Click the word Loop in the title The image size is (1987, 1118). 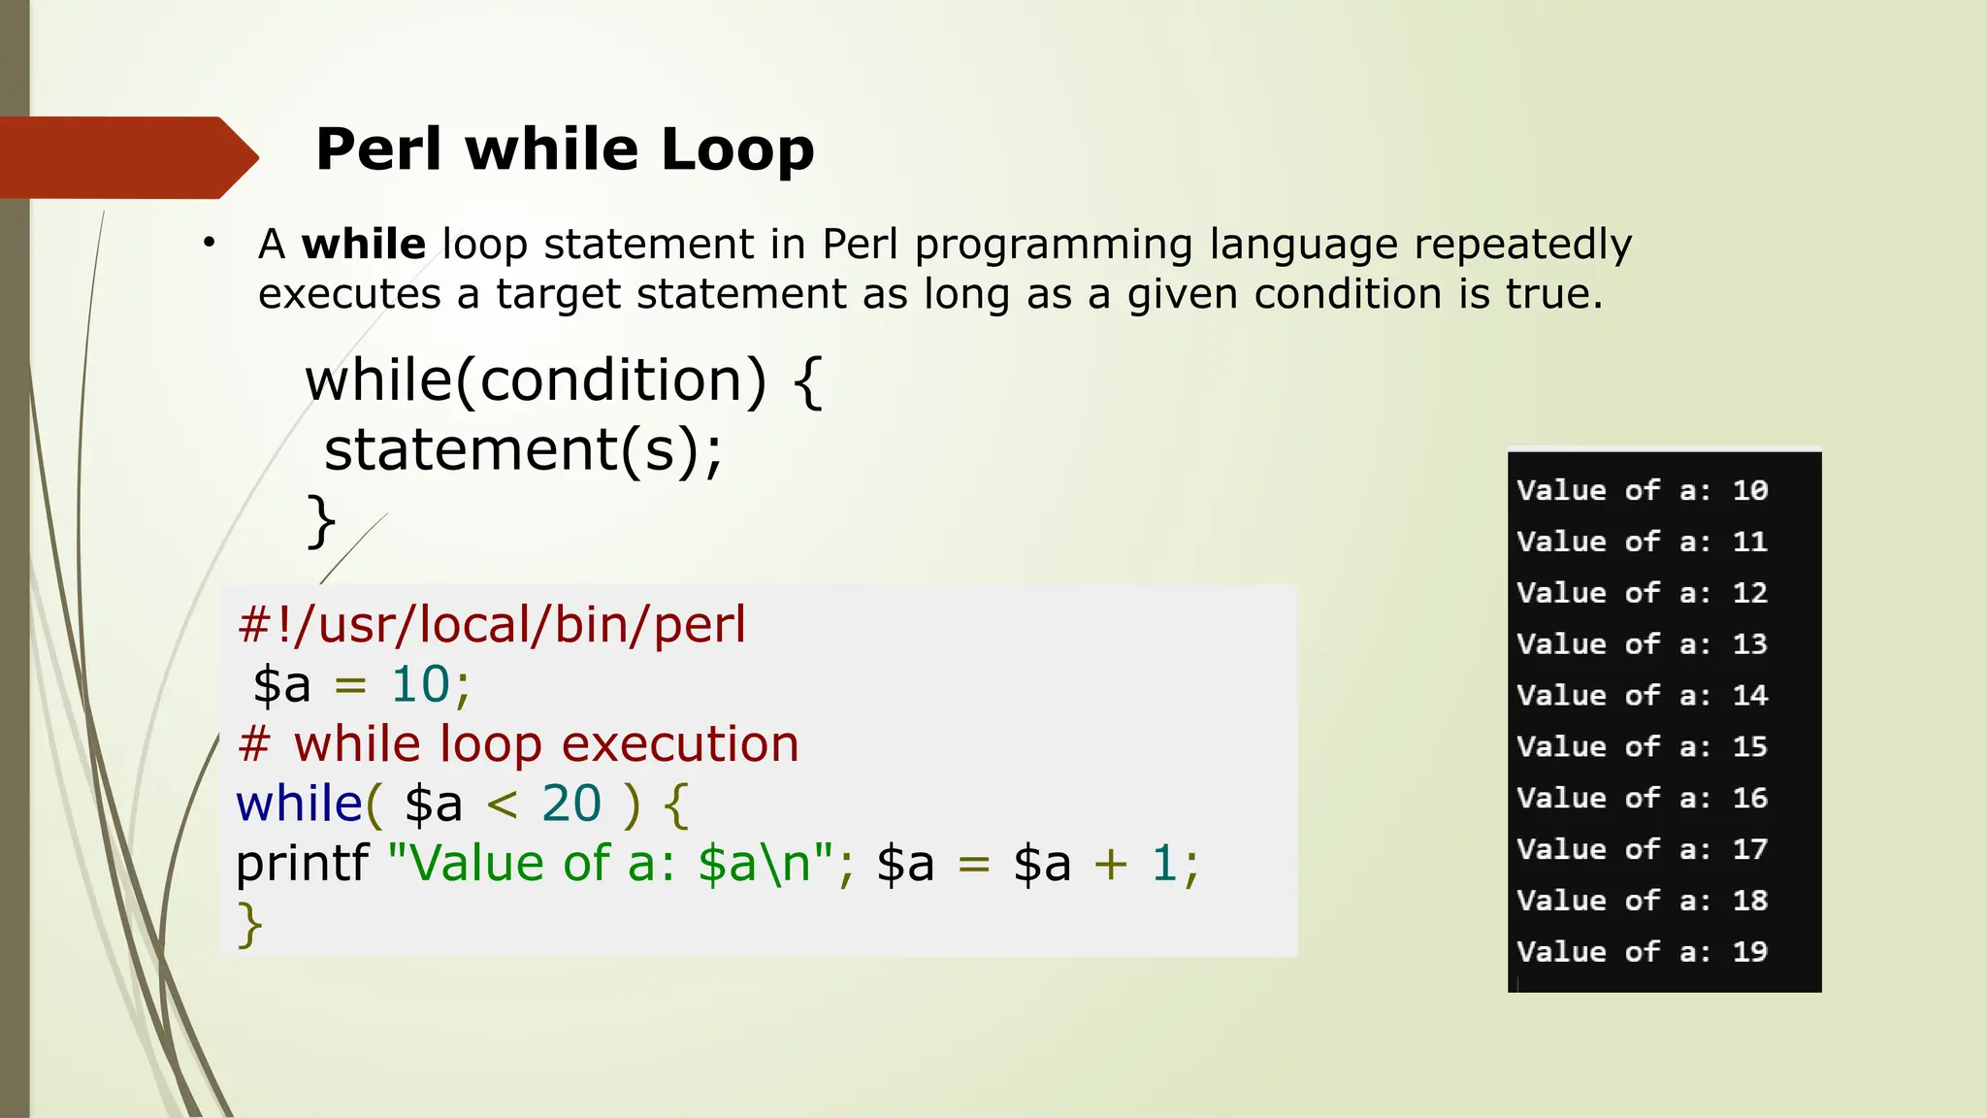tap(737, 150)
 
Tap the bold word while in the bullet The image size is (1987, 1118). tap(364, 244)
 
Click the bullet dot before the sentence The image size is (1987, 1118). tap(209, 243)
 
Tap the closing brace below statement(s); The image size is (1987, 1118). tap(321, 521)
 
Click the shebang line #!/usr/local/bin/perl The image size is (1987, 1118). tap(492, 624)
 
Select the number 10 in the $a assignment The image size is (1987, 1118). tap(420, 684)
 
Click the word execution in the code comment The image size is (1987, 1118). tap(680, 744)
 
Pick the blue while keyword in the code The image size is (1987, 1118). tap(299, 804)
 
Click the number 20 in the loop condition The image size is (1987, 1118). tap(571, 804)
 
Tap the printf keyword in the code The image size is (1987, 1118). tap(302, 863)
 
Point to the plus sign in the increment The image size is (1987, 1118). tap(1110, 863)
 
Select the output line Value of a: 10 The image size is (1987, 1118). tap(1642, 490)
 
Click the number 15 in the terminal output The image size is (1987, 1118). tap(1750, 746)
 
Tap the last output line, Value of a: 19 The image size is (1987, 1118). tap(1642, 951)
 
